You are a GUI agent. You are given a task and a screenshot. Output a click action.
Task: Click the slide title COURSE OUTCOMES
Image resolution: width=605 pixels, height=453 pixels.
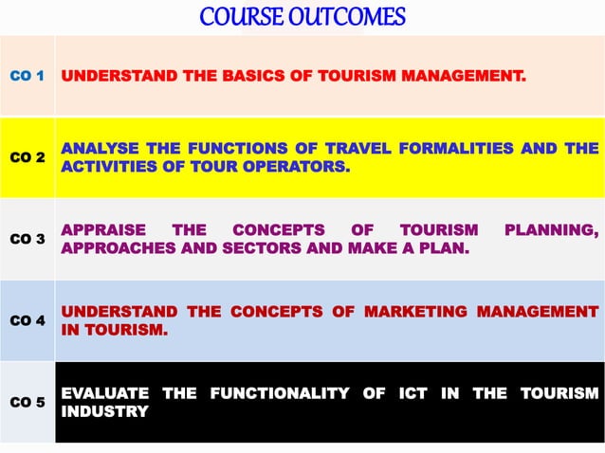pos(302,16)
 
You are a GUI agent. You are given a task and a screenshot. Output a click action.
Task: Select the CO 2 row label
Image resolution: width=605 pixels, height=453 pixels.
pos(27,157)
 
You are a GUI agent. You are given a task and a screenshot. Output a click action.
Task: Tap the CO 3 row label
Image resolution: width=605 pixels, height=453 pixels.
pos(27,239)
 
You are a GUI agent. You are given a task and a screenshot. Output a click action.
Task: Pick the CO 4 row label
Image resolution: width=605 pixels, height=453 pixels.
pos(27,320)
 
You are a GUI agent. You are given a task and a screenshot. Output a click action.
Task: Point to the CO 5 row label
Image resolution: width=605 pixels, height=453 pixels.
pos(27,402)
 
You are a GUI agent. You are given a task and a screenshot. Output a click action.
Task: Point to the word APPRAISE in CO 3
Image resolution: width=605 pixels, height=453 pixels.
pos(103,229)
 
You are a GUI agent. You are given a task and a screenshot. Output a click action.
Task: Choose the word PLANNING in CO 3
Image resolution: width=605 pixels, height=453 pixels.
pos(551,229)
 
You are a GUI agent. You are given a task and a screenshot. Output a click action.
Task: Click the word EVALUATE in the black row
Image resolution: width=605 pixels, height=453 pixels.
pos(104,392)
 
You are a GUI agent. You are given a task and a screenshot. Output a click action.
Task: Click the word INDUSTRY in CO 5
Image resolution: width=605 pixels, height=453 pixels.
pos(104,411)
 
